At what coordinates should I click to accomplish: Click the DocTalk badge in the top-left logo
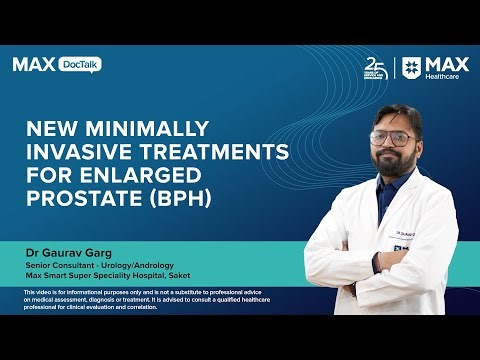[x=80, y=64]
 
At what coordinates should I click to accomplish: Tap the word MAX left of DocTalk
[x=33, y=64]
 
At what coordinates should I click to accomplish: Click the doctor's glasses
[x=393, y=139]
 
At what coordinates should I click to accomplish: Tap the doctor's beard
[x=395, y=162]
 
